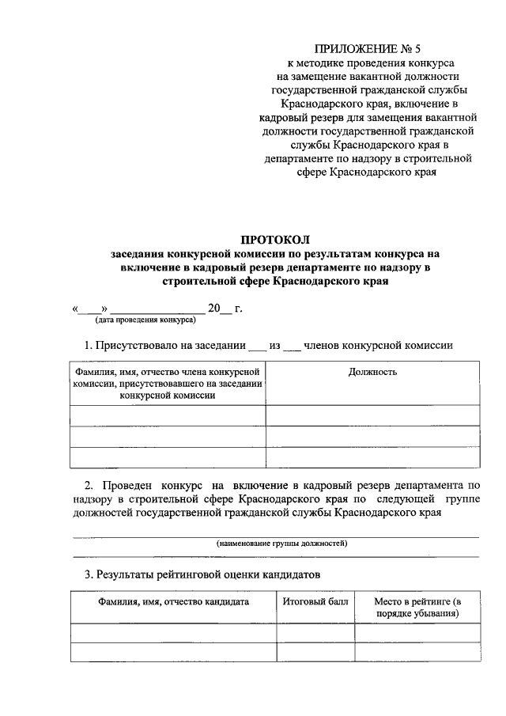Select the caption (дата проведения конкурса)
[x=145, y=320]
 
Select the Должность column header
[x=372, y=372]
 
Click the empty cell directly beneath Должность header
[x=372, y=415]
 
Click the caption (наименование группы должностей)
[x=282, y=544]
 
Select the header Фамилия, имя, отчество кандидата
[x=173, y=602]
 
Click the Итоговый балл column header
[x=315, y=602]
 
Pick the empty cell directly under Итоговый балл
[x=315, y=632]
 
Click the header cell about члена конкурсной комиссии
[x=168, y=384]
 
